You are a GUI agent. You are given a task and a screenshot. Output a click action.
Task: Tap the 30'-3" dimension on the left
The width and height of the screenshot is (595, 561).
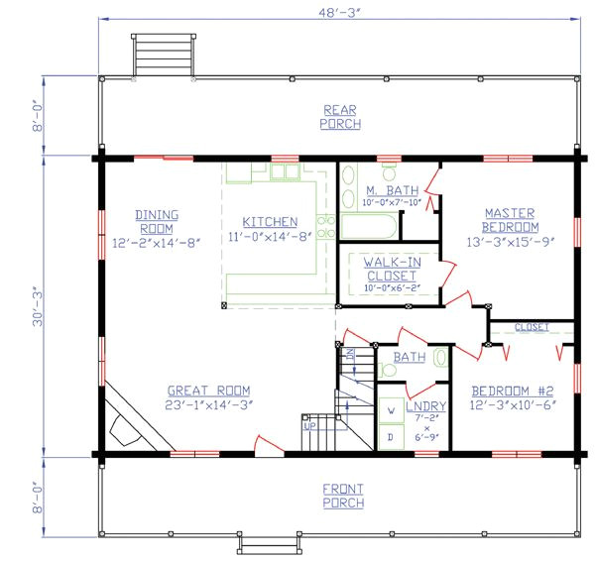(x=38, y=308)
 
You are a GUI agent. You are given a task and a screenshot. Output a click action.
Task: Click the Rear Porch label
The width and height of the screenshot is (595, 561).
(x=340, y=117)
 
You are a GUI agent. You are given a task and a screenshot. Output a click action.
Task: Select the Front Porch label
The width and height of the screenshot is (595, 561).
(x=343, y=496)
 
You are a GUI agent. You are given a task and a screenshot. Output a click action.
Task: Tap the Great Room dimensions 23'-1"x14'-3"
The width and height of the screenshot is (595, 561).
(x=208, y=403)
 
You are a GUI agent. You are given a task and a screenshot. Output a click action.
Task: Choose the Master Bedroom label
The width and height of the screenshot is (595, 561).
(x=510, y=220)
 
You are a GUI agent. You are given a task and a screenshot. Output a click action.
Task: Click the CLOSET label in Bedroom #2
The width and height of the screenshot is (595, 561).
(x=532, y=327)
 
